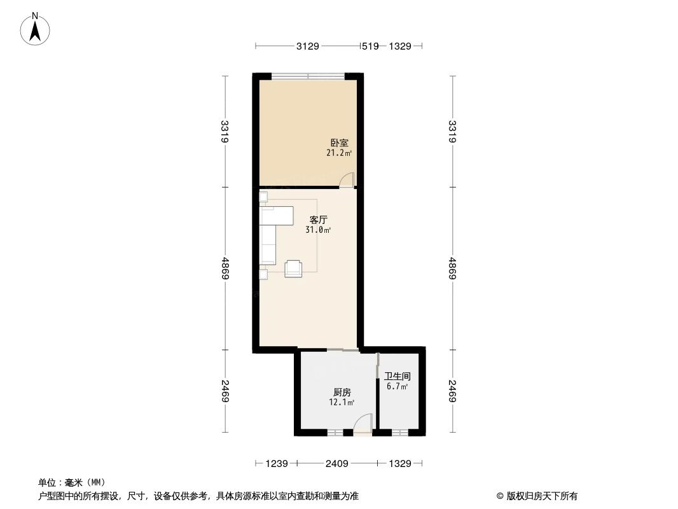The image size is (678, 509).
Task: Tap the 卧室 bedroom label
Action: [x=339, y=143]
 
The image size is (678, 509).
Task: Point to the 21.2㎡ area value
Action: [x=339, y=153]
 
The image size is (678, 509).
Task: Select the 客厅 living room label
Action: [x=318, y=220]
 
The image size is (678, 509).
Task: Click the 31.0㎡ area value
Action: [x=318, y=230]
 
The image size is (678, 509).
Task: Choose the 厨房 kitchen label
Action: [x=342, y=392]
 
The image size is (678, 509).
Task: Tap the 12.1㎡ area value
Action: [x=342, y=402]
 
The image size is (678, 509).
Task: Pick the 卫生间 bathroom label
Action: [x=398, y=376]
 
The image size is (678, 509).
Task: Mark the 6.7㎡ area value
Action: [x=398, y=386]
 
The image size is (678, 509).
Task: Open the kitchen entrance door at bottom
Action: [x=363, y=424]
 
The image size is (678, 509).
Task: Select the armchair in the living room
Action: [x=294, y=268]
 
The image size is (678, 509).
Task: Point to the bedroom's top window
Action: [x=308, y=76]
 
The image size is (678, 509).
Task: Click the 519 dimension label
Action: [x=370, y=46]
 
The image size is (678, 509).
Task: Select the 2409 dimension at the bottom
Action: [x=336, y=464]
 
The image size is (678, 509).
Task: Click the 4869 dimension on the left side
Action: [x=225, y=268]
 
